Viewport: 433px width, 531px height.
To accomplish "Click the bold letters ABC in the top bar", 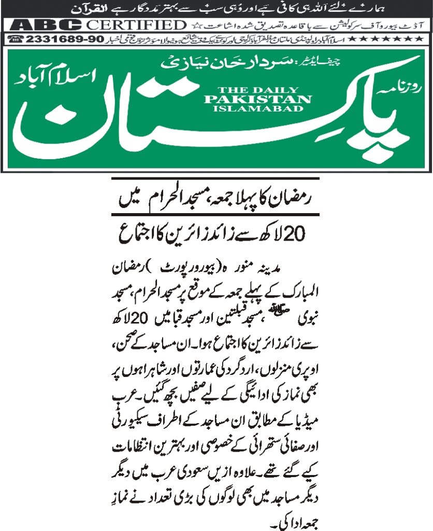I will coord(46,25).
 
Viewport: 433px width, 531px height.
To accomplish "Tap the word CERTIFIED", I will coord(135,25).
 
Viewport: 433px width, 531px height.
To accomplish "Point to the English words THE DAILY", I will coord(258,89).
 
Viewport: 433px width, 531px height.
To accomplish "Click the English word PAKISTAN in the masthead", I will coord(258,99).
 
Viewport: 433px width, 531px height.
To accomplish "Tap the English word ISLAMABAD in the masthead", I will coord(258,108).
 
